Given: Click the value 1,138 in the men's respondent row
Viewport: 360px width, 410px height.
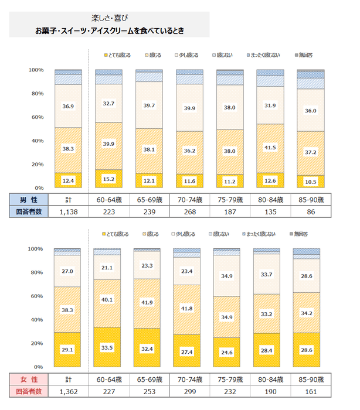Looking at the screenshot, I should click(x=68, y=211).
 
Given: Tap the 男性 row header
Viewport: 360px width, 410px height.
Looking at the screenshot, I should click(x=25, y=199).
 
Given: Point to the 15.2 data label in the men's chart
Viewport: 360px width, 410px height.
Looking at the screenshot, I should click(x=108, y=179).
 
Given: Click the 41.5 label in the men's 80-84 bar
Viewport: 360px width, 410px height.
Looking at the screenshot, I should click(x=270, y=148).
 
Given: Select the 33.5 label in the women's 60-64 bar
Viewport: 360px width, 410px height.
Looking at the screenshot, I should click(x=108, y=347).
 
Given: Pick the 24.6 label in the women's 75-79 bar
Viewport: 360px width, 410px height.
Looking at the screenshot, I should click(x=230, y=352).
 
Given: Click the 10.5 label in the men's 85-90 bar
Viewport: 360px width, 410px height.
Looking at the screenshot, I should click(x=311, y=182).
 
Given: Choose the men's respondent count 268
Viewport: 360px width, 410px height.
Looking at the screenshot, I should click(x=189, y=211).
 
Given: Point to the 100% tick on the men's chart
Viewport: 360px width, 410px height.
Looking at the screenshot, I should click(x=36, y=70).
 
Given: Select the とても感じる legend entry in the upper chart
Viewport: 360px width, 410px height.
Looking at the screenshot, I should click(x=117, y=55).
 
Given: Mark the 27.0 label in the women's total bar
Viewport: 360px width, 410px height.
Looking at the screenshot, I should click(x=68, y=271).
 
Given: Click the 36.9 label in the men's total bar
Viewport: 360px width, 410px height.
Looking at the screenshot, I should click(x=68, y=106).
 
